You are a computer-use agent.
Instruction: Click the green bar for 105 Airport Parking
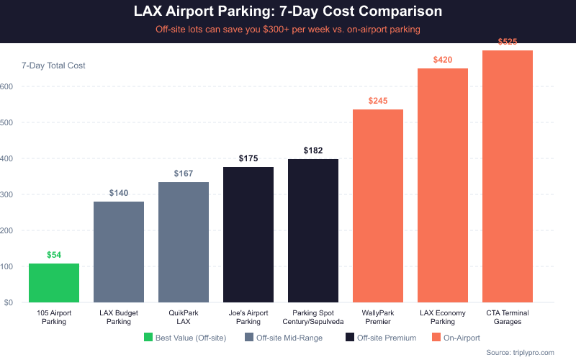pos(54,283)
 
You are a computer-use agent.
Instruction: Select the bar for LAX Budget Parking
pos(119,252)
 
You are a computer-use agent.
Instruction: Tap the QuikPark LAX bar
pos(184,242)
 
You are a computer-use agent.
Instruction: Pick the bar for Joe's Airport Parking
pos(248,235)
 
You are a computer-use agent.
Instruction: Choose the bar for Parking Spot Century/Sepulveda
pos(313,230)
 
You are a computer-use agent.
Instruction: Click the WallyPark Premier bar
pos(378,206)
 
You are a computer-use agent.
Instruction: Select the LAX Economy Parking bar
pos(443,185)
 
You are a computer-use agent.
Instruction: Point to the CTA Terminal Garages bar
pos(508,176)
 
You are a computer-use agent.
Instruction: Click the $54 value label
pos(54,255)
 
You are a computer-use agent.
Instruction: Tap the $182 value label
pos(313,150)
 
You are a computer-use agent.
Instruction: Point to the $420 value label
pos(443,60)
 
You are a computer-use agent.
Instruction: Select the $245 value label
pos(378,101)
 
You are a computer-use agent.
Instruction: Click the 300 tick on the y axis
pos(7,194)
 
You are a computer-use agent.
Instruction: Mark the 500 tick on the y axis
pos(7,122)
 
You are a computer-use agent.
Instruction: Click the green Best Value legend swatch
pos(149,337)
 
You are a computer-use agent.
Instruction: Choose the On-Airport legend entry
pos(456,337)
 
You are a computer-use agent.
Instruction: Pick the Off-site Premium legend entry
pos(382,337)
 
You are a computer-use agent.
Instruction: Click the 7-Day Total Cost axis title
pos(53,66)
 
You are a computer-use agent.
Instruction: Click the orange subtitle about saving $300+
pos(288,30)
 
